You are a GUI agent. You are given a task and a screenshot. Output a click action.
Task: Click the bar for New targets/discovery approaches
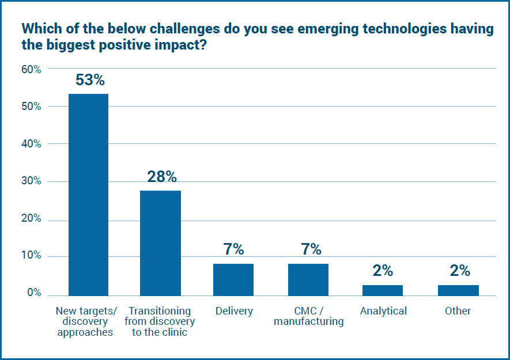88,195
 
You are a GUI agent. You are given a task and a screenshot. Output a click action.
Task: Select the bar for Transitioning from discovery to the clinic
160,242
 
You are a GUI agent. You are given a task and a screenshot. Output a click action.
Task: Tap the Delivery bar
233,279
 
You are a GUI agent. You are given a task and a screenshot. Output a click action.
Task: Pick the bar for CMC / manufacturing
308,279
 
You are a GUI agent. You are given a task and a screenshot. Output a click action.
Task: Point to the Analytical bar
383,290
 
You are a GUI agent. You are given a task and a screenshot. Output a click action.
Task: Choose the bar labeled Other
458,290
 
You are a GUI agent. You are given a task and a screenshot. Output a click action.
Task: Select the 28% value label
161,177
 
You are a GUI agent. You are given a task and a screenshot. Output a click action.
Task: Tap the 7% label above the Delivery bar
233,249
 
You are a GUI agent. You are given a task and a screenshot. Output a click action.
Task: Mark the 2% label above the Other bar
458,271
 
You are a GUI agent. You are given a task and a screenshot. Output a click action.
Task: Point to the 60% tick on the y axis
31,69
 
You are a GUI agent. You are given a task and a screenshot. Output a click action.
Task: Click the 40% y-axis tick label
31,144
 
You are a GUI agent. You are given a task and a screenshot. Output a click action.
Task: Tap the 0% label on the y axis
33,293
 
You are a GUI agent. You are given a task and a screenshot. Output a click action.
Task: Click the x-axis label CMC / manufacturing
308,316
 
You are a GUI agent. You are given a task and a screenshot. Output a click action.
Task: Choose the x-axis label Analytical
383,311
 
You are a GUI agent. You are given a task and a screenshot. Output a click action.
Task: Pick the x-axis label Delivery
234,311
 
